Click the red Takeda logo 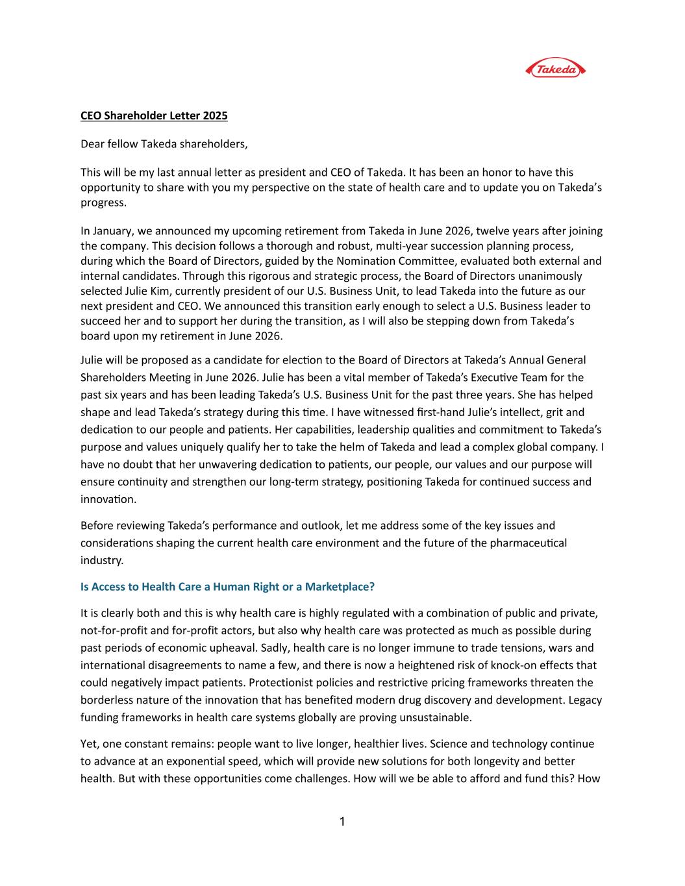tap(554, 69)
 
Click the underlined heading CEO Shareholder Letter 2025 tap(154, 116)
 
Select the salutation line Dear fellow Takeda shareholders tap(164, 144)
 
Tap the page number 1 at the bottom tap(342, 822)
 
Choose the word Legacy tap(586, 700)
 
